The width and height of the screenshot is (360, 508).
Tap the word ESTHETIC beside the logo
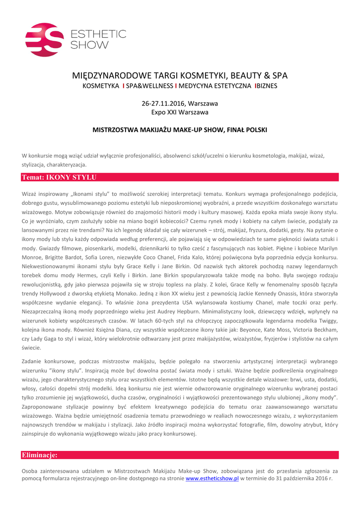point(99,34)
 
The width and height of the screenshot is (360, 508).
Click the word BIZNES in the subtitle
point(267,86)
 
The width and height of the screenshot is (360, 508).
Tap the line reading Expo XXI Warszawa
point(180,113)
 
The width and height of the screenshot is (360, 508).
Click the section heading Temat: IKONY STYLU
point(59,177)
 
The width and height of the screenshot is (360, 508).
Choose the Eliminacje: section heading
point(39,455)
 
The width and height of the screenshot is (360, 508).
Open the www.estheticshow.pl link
point(212,478)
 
